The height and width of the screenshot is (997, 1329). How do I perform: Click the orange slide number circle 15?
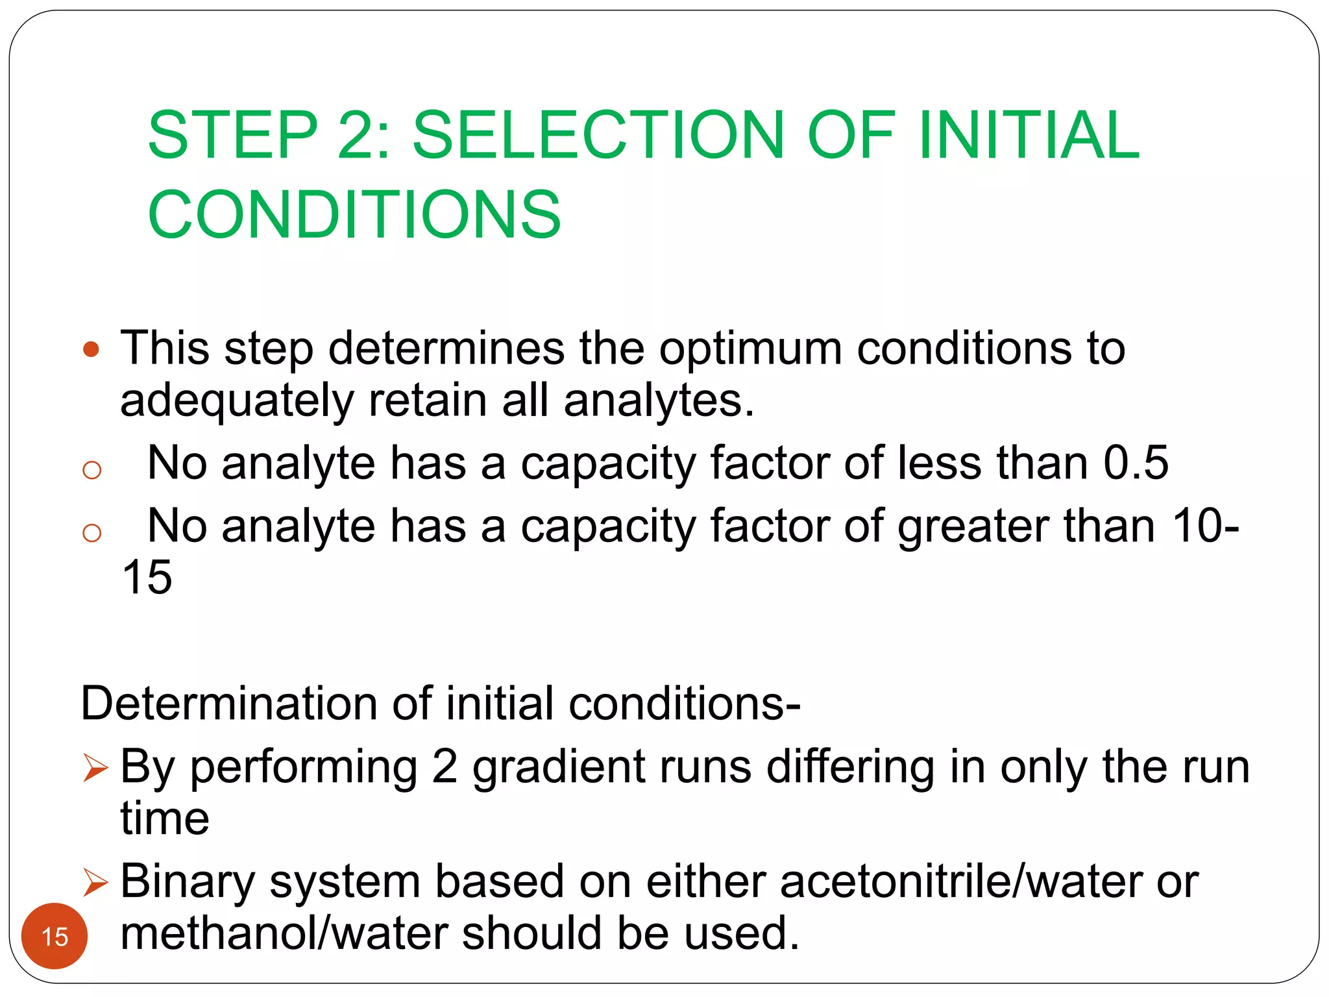[x=55, y=936]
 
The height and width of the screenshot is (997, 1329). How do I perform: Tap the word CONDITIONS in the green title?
[x=354, y=215]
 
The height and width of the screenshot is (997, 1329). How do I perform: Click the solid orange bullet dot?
[x=91, y=350]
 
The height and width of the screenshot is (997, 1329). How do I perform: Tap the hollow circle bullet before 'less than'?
[x=92, y=469]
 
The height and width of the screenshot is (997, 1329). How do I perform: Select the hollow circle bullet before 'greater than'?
[x=92, y=532]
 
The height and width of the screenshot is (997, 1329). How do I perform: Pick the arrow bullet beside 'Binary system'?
[x=95, y=883]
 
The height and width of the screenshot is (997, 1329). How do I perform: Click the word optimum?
[x=751, y=349]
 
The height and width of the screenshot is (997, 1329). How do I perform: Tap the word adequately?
[x=237, y=401]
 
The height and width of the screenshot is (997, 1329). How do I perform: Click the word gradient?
[x=559, y=767]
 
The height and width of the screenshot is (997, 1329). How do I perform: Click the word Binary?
[x=188, y=882]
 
